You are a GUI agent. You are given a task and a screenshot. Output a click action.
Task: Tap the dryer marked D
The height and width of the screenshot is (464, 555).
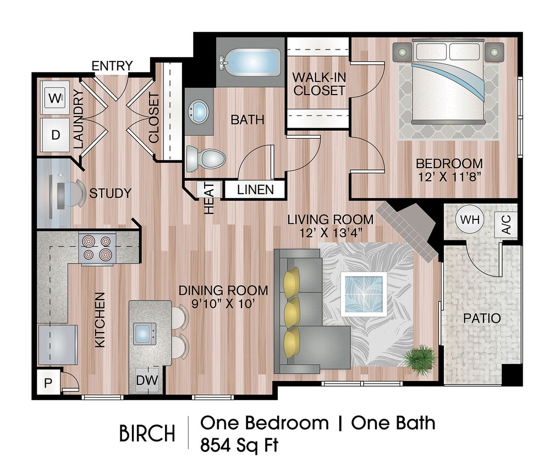[x=55, y=135]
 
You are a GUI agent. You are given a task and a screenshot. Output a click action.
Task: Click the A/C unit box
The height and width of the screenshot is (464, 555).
[x=507, y=225]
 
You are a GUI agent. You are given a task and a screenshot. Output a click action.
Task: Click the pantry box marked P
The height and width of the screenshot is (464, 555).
[x=48, y=382]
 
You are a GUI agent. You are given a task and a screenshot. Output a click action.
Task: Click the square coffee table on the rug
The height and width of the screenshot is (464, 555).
[x=364, y=294]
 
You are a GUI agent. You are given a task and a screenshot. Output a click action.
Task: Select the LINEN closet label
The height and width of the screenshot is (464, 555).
[x=255, y=190]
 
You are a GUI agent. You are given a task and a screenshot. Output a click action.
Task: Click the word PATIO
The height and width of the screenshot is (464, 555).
[x=481, y=318]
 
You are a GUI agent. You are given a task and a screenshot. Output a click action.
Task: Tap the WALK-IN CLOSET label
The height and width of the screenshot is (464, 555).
[x=319, y=83]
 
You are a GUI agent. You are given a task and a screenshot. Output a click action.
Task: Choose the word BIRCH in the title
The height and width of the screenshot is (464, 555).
[x=147, y=434]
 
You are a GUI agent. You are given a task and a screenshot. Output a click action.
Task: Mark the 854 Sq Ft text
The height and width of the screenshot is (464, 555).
[x=239, y=444]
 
